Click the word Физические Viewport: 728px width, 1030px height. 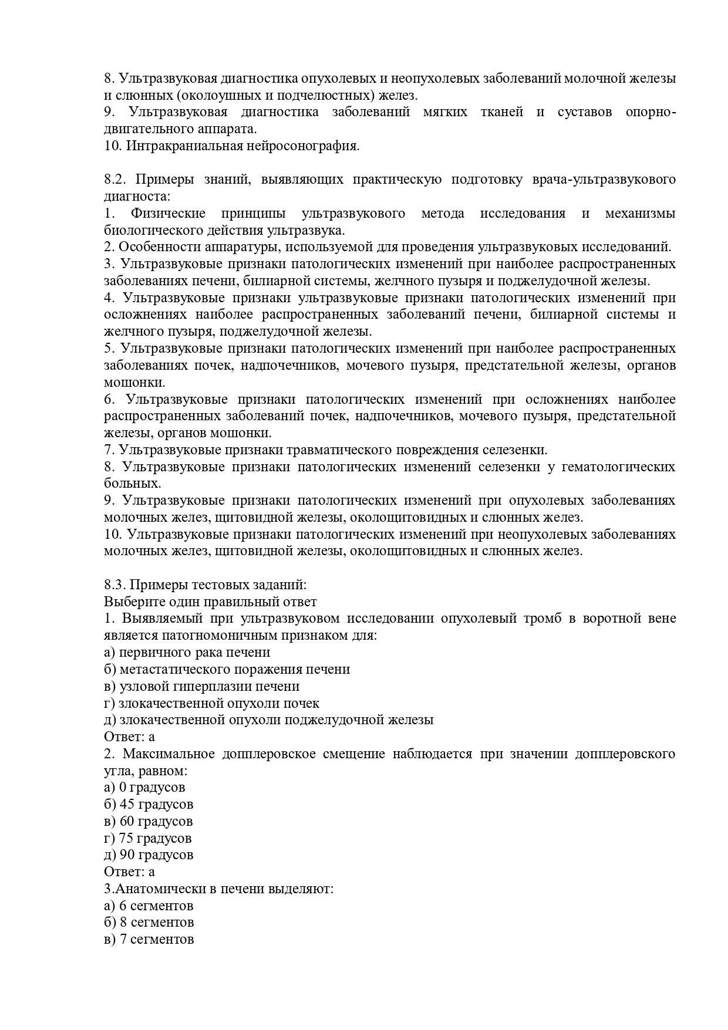point(168,213)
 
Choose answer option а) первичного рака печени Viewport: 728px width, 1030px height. point(187,653)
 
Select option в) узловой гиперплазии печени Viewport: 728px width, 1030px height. point(201,686)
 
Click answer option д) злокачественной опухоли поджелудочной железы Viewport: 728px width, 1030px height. point(268,720)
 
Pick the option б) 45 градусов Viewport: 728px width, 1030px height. point(149,805)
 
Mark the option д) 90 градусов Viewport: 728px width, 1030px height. point(149,855)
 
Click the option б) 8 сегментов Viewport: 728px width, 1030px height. point(149,923)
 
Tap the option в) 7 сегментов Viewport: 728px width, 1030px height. point(149,940)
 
